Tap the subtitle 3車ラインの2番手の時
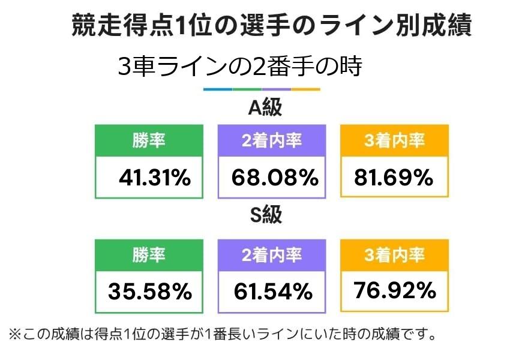pos(239,67)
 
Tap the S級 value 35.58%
pos(150,292)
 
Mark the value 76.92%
pos(394,290)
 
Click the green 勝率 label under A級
pos(149,140)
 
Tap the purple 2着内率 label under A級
pos(272,140)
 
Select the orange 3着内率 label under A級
pos(394,140)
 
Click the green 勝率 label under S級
pos(149,254)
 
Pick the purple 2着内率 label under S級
pos(272,254)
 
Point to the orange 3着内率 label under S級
pos(394,254)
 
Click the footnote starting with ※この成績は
pos(222,334)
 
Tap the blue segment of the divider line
pos(218,89)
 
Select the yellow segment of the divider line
pos(305,89)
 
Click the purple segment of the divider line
pos(277,89)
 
